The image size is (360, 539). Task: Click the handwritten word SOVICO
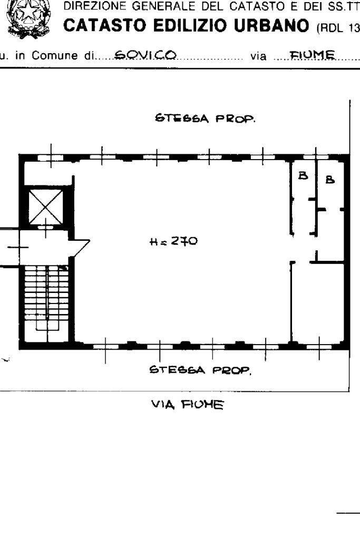(x=145, y=55)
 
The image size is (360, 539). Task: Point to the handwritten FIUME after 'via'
(x=312, y=55)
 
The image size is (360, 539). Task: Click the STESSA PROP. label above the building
(x=205, y=119)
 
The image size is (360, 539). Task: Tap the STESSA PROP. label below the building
(x=200, y=370)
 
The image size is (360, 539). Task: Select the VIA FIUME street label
(x=188, y=405)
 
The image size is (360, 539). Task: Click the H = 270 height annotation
(x=173, y=242)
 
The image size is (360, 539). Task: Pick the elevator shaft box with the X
(x=45, y=207)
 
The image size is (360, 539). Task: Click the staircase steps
(x=46, y=299)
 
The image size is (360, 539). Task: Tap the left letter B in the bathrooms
(x=303, y=175)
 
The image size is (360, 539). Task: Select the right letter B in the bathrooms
(x=330, y=179)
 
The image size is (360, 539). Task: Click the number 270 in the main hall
(x=184, y=241)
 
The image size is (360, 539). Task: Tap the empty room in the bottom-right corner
(x=318, y=302)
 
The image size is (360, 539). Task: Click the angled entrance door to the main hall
(x=80, y=248)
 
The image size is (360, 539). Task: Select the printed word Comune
(x=55, y=56)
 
